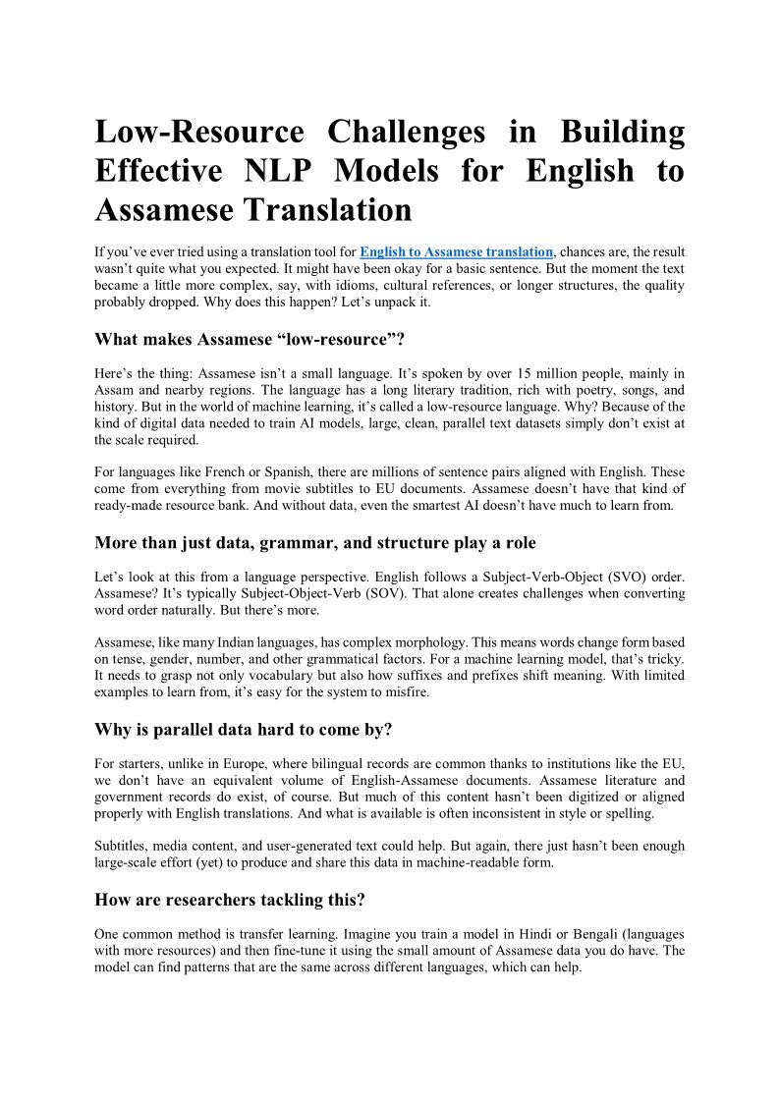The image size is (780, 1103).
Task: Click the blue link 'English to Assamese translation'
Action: [x=456, y=252]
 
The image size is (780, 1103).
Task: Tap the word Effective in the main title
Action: [x=158, y=171]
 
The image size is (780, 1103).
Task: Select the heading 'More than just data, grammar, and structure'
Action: [x=315, y=543]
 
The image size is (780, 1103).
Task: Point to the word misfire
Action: [x=405, y=692]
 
